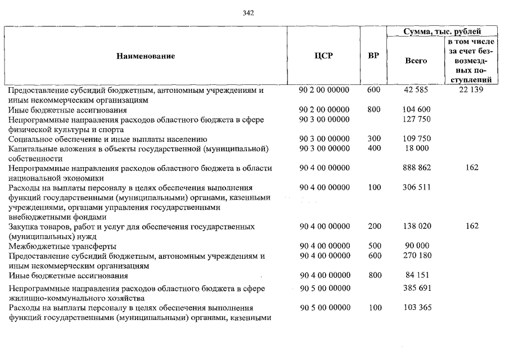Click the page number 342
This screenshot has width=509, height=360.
coord(249,13)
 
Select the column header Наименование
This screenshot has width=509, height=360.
coord(146,56)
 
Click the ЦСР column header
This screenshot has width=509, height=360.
coord(324,56)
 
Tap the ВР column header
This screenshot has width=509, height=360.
coord(373,56)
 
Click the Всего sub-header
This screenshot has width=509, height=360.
coord(416,61)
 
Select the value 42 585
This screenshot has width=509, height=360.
coord(417,90)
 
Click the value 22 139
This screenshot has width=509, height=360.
coord(472,90)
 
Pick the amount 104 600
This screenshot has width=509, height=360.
coord(417,110)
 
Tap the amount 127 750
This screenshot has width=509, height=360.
coord(417,119)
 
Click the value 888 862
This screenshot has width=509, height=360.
coord(417,168)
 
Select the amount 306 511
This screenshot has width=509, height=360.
coord(417,187)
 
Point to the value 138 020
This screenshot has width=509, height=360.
coord(417,226)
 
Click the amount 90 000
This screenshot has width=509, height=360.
coord(417,246)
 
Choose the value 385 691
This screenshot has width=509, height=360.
coord(417,289)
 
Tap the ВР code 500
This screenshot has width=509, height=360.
coord(374,246)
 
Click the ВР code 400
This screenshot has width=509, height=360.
coord(374,148)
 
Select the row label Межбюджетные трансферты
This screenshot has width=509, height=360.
coord(62,246)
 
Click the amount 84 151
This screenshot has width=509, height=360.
coord(417,276)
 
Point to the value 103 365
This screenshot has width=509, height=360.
coord(417,308)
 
